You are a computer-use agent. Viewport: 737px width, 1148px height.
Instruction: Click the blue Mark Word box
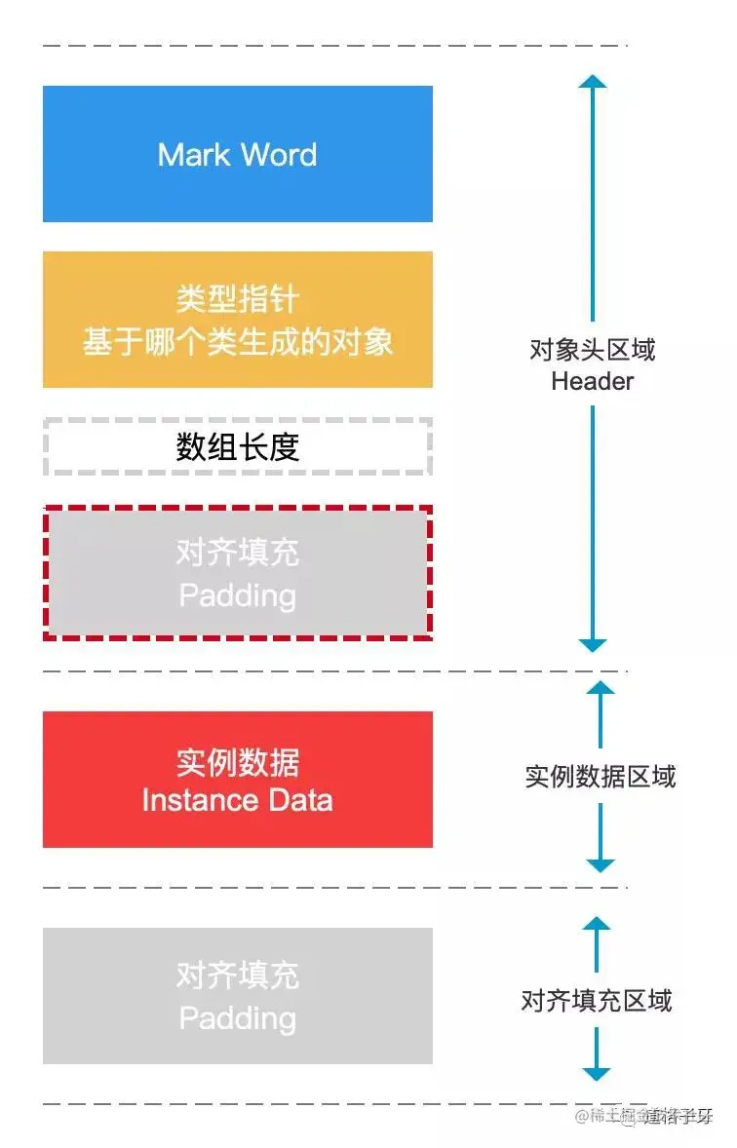237,154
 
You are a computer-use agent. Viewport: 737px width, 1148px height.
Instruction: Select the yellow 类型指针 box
237,320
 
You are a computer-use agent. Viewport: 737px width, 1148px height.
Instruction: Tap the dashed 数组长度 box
237,447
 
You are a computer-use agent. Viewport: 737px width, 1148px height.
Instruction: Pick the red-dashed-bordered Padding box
237,573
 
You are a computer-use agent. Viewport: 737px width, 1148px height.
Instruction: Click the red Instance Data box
237,780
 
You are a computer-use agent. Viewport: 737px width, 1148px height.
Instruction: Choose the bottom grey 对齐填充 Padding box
237,996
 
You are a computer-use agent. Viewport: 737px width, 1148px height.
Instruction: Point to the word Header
592,381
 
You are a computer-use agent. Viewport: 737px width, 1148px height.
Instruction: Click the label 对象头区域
592,350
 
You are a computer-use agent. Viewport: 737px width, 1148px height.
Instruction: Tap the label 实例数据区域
600,777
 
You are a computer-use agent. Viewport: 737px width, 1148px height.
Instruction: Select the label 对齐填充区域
596,1001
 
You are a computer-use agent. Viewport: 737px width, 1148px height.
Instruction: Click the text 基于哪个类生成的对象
237,341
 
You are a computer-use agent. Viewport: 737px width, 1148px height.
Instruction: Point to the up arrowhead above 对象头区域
593,82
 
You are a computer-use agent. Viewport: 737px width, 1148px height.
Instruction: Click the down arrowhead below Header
593,644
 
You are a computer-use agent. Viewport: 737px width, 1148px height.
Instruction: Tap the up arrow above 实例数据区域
601,689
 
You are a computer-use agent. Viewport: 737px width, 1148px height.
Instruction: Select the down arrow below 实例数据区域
601,863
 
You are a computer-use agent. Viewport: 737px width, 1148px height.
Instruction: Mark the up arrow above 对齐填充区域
596,924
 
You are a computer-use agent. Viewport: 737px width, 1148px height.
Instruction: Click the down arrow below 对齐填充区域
596,1073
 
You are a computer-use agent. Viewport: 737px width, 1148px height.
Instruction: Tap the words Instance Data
237,800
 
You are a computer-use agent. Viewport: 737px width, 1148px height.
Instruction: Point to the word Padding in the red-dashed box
237,594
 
